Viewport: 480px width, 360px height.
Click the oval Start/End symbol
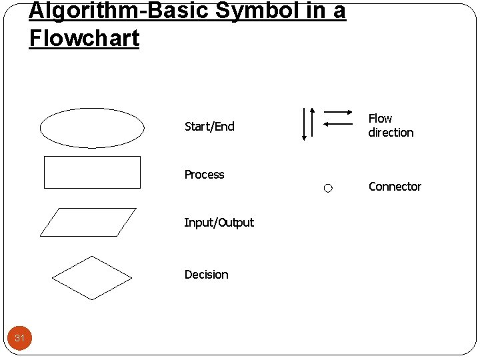point(92,127)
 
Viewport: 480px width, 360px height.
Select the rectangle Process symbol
point(92,172)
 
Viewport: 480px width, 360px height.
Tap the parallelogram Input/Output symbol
point(88,222)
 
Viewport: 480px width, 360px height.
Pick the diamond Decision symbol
point(92,277)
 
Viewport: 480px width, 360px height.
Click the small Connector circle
point(328,189)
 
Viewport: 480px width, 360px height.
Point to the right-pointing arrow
point(338,112)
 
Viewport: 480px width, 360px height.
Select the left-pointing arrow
point(338,123)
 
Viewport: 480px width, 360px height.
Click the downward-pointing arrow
point(304,123)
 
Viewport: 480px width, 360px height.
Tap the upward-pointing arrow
point(312,123)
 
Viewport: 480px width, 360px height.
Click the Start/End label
point(209,127)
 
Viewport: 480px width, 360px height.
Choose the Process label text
point(204,175)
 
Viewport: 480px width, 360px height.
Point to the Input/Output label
point(219,223)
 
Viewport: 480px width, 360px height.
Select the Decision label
point(206,275)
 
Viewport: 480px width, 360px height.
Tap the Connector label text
point(395,187)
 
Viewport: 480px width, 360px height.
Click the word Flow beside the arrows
point(380,119)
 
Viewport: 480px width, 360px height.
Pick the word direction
point(391,133)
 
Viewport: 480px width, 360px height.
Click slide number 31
point(20,339)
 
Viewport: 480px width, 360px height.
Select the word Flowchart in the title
point(84,38)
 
